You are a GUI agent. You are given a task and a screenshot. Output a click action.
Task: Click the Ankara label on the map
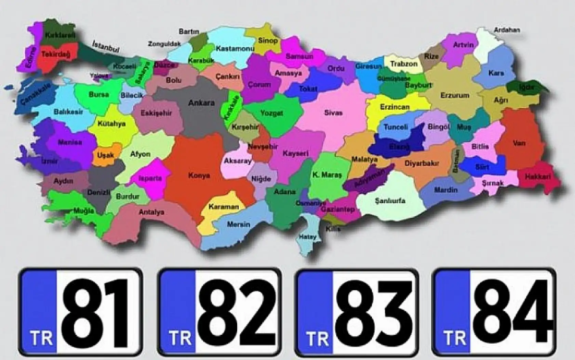[201, 103]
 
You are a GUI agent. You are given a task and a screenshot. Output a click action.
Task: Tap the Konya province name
[199, 176]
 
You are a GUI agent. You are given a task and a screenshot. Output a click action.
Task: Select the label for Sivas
[333, 113]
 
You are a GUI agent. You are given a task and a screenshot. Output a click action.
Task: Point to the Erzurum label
[455, 95]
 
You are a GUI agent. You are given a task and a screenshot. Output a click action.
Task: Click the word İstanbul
[106, 47]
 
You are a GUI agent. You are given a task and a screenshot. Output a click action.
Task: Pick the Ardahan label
[507, 30]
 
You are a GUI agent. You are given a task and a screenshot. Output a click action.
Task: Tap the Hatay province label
[308, 237]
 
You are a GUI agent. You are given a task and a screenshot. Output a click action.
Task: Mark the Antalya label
[151, 212]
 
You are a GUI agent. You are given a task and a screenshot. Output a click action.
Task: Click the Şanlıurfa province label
[390, 201]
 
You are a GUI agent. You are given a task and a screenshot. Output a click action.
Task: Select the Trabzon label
[404, 64]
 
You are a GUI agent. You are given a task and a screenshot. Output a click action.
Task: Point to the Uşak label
[105, 155]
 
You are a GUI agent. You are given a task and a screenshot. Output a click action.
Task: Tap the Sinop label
[268, 41]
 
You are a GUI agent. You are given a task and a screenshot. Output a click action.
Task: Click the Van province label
[519, 143]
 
